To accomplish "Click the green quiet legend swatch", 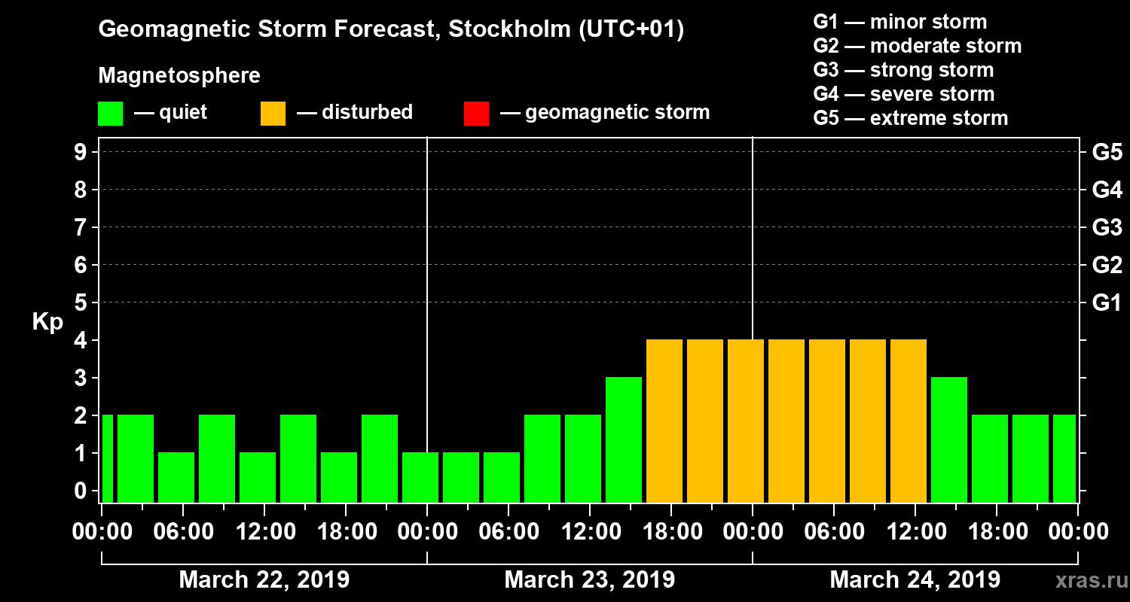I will coord(110,113).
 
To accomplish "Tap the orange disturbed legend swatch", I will coord(273,113).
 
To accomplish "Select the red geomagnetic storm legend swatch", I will coord(476,113).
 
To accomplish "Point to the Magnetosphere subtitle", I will coord(179,76).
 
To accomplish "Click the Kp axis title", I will coord(47,322).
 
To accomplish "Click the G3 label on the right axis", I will coord(1107,227).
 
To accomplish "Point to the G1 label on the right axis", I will coord(1107,303).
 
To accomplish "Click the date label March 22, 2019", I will coord(264,580).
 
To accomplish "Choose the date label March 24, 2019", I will coord(915,580).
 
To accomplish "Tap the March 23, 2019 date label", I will coord(589,580).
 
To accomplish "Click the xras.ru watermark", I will coord(1086,580).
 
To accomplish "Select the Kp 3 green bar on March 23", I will coord(624,439).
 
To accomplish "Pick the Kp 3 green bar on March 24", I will coord(949,439).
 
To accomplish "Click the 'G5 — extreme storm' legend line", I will coord(910,118).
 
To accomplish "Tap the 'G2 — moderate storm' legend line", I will coord(917,46).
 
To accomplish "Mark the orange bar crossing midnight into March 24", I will coord(746,421).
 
